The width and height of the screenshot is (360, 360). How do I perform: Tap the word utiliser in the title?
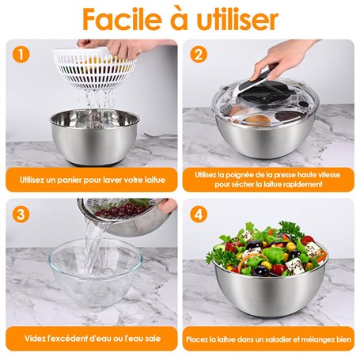pos(237,19)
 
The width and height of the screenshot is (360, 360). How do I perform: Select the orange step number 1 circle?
pos(21,55)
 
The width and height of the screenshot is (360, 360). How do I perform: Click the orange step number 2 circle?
pos(199,55)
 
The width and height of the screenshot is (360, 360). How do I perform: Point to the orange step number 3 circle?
pos(21,214)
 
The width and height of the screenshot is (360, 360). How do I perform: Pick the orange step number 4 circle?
pos(199,214)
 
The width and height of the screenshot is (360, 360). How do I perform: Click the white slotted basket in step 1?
pos(94,69)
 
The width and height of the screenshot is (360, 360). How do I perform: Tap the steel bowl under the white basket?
pos(94,137)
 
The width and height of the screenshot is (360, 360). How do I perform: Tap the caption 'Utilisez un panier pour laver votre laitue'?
pos(93,180)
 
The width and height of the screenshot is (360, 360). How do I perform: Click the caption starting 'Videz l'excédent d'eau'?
pos(93,339)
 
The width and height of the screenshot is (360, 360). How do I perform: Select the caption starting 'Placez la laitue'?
pos(268,339)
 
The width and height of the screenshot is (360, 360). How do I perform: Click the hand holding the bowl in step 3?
pos(168,206)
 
